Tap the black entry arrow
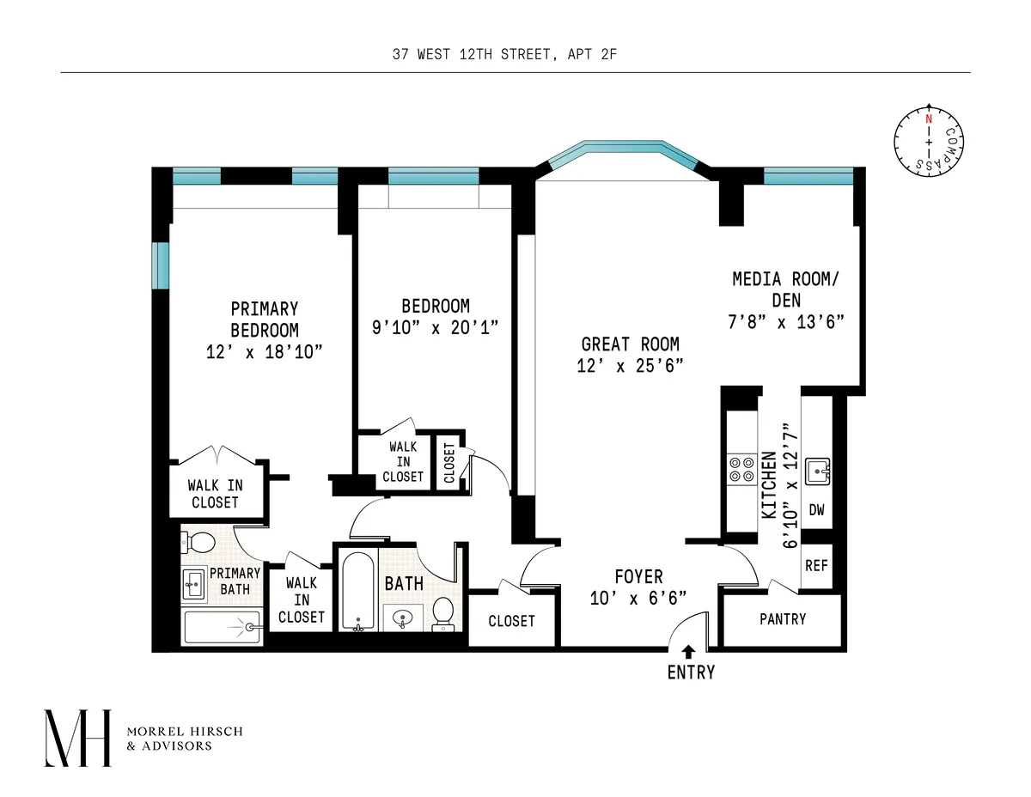688,652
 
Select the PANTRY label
783,619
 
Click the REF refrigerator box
816,567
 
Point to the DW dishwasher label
816,510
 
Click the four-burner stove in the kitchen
739,468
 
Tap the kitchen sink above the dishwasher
817,471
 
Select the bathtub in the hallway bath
357,591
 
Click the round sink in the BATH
401,616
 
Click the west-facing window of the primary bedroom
161,266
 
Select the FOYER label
638,576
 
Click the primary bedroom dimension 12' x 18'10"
265,351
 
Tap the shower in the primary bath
222,628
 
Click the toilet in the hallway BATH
443,612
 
